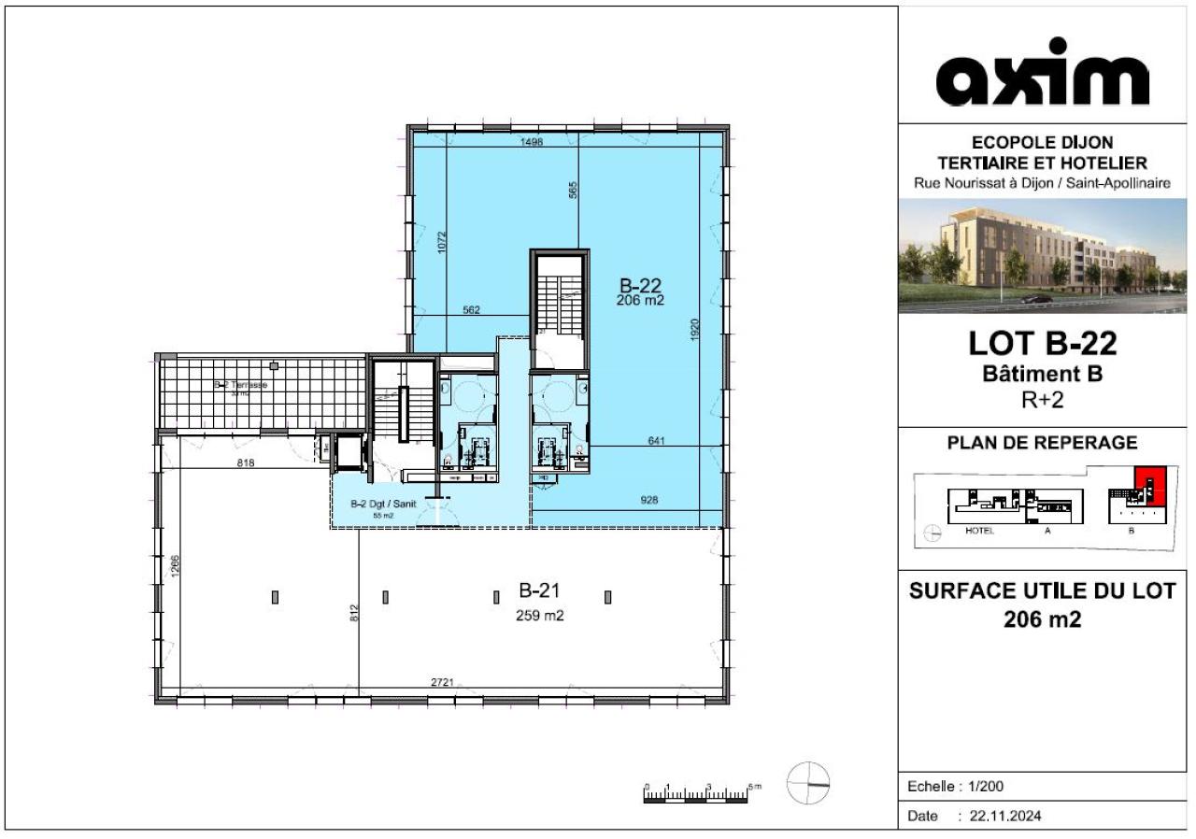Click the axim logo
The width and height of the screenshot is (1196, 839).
1042,75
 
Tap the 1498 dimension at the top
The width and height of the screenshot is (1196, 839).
532,142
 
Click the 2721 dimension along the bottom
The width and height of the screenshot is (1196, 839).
442,683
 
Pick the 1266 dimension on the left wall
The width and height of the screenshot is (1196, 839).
175,568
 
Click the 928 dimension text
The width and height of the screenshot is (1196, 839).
649,500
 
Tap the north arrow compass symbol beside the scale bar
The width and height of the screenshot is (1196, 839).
808,783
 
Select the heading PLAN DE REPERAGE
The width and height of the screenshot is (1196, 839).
1042,442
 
